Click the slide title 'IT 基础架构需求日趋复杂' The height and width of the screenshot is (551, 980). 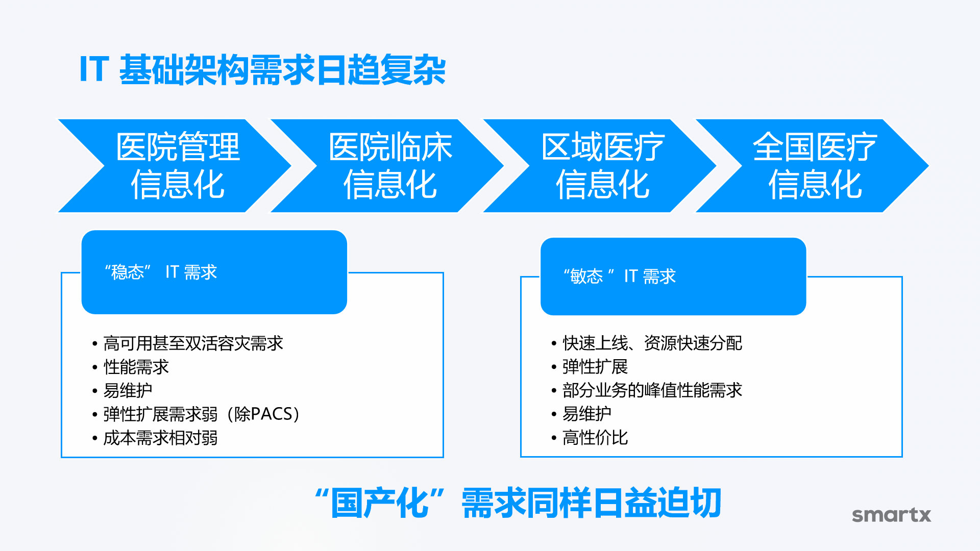point(263,69)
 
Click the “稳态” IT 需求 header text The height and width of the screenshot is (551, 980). point(161,272)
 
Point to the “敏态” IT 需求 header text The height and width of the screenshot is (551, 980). point(620,276)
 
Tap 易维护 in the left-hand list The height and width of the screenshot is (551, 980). point(128,390)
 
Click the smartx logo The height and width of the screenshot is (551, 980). point(892,515)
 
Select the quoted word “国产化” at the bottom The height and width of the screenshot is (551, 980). point(380,503)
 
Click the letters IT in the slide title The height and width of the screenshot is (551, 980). point(94,69)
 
